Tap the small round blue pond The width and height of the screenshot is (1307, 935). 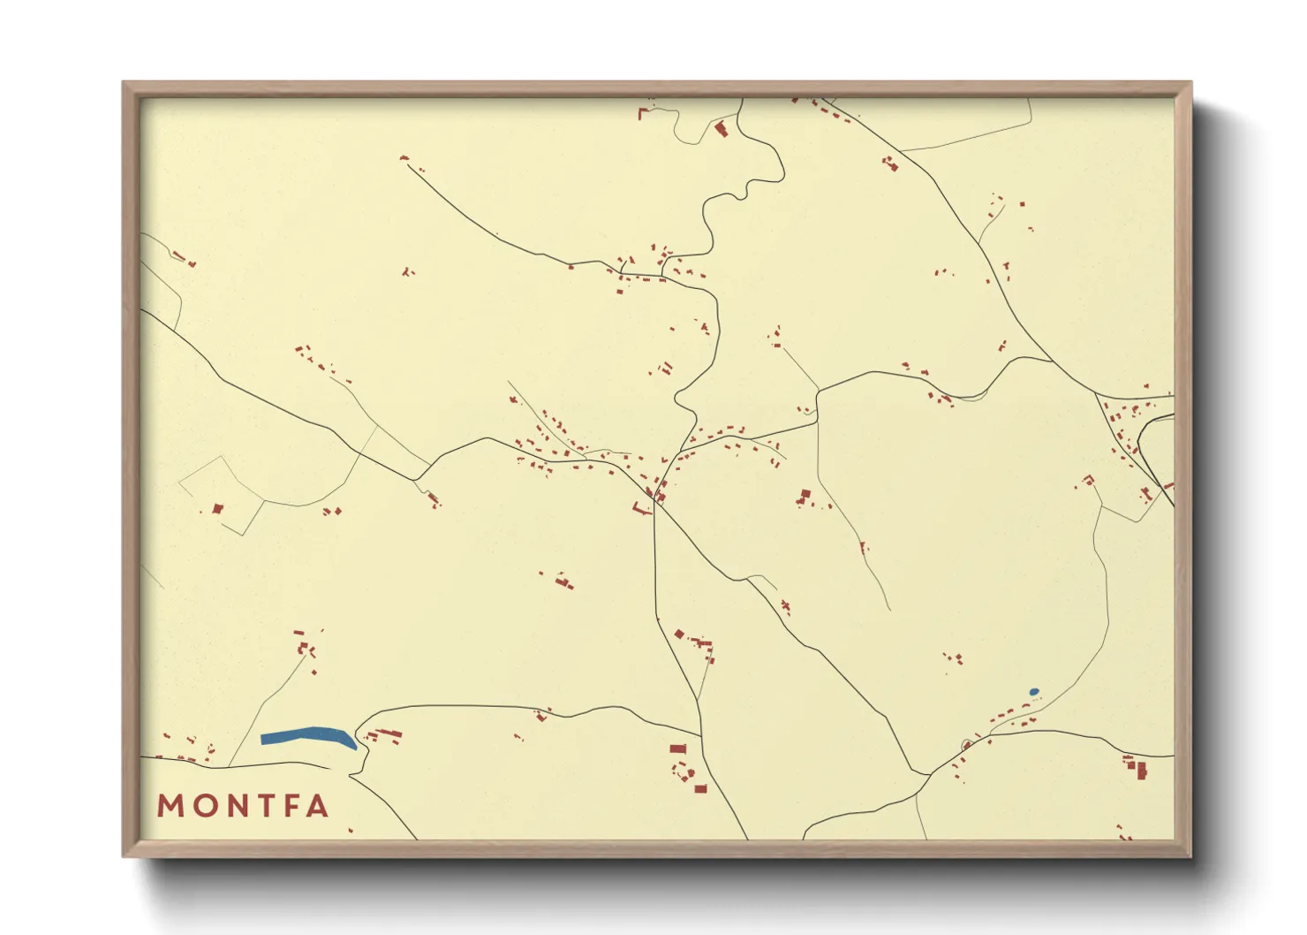(1034, 692)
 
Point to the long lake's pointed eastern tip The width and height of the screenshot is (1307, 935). (355, 748)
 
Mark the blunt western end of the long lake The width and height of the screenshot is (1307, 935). (263, 739)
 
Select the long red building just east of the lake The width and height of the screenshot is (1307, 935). (389, 734)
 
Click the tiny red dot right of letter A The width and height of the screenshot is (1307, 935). (351, 831)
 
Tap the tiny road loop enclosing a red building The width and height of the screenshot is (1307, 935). (967, 744)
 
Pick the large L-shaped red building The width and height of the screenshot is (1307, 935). (638, 507)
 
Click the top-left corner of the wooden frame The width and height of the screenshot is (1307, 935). (124, 82)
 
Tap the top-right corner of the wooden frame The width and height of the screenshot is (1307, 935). (1191, 82)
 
